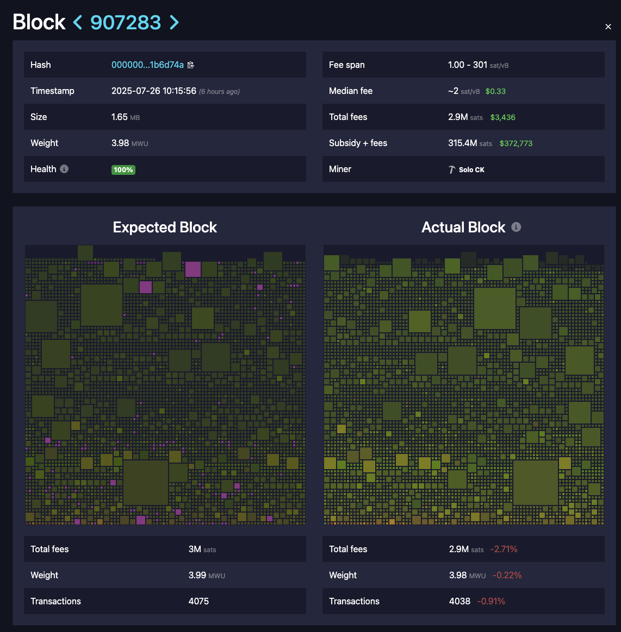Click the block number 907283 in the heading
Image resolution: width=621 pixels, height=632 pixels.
[126, 22]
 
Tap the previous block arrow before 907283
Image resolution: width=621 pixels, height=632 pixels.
[78, 22]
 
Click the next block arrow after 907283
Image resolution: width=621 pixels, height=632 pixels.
[174, 22]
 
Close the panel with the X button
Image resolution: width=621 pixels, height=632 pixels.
[608, 27]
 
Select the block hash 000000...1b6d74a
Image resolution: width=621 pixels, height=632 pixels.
[147, 65]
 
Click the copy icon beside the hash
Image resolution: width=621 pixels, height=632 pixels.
[191, 65]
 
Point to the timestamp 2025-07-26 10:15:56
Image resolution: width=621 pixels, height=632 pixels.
[154, 91]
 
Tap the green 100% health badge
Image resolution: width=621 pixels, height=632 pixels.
[123, 169]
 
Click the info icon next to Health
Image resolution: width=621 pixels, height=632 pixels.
[64, 169]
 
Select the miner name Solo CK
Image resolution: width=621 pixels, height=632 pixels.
[471, 169]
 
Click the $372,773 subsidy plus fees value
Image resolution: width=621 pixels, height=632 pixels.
[516, 143]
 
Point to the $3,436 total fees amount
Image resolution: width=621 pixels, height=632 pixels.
[503, 117]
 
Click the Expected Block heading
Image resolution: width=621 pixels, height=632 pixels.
[165, 227]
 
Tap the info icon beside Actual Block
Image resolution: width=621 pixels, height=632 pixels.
[516, 227]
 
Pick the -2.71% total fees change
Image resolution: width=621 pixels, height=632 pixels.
[504, 549]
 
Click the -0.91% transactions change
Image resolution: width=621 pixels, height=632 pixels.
[491, 602]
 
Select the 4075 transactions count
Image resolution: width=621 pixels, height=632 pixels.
[198, 602]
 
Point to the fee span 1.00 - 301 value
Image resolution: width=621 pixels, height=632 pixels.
[468, 65]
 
